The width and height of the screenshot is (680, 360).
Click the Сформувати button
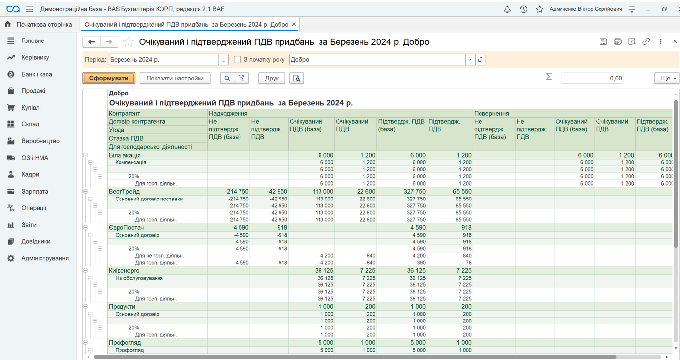tap(109, 78)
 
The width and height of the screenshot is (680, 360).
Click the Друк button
tap(272, 78)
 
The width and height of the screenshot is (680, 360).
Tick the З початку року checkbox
tap(238, 59)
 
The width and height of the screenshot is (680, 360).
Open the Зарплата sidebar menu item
tap(35, 191)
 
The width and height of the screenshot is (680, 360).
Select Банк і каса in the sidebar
tap(37, 74)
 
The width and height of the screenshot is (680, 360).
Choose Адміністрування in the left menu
tap(44, 258)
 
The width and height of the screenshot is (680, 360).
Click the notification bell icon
tap(507, 9)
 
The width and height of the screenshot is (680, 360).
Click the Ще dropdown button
tap(667, 78)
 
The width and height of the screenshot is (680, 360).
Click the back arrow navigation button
tap(92, 41)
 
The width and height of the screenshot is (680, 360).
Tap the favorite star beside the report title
tap(128, 42)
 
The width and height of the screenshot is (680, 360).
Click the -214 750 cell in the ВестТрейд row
tap(237, 191)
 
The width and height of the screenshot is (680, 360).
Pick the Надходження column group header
tap(228, 113)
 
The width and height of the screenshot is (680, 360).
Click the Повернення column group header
tap(491, 113)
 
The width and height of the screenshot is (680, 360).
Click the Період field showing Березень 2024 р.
tap(163, 59)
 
